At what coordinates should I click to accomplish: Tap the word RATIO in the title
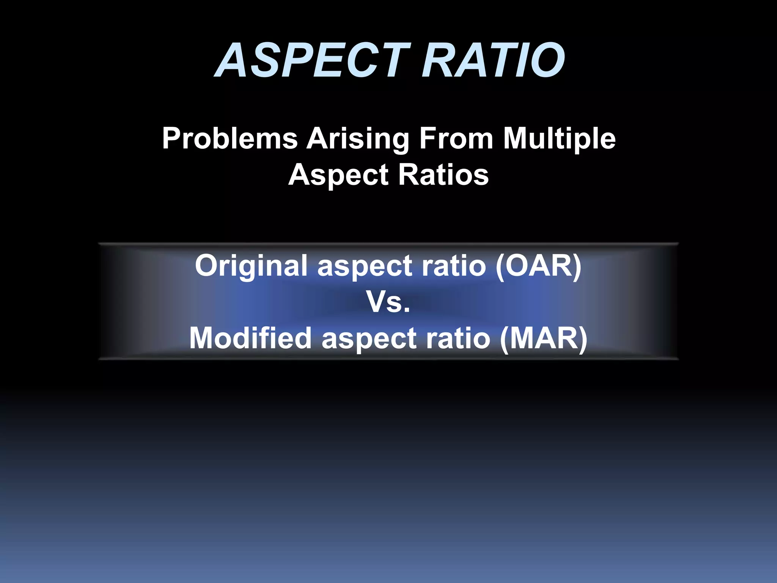(493, 61)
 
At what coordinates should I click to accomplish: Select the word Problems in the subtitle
(230, 139)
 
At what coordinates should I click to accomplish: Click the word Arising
(358, 139)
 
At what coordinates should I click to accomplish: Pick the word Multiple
(559, 139)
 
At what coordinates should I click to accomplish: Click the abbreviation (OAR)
(538, 266)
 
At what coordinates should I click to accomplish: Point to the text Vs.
(388, 303)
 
